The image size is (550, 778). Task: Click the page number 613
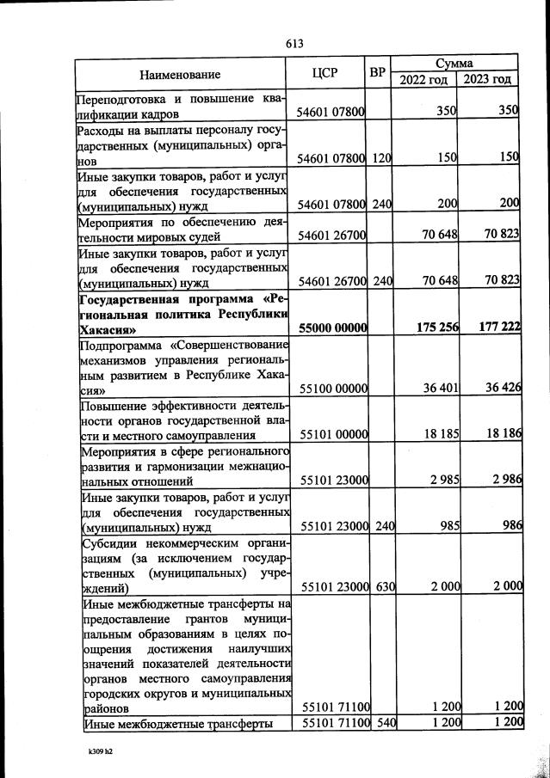[295, 43]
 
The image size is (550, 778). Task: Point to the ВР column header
[376, 73]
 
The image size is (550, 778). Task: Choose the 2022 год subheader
[424, 80]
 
